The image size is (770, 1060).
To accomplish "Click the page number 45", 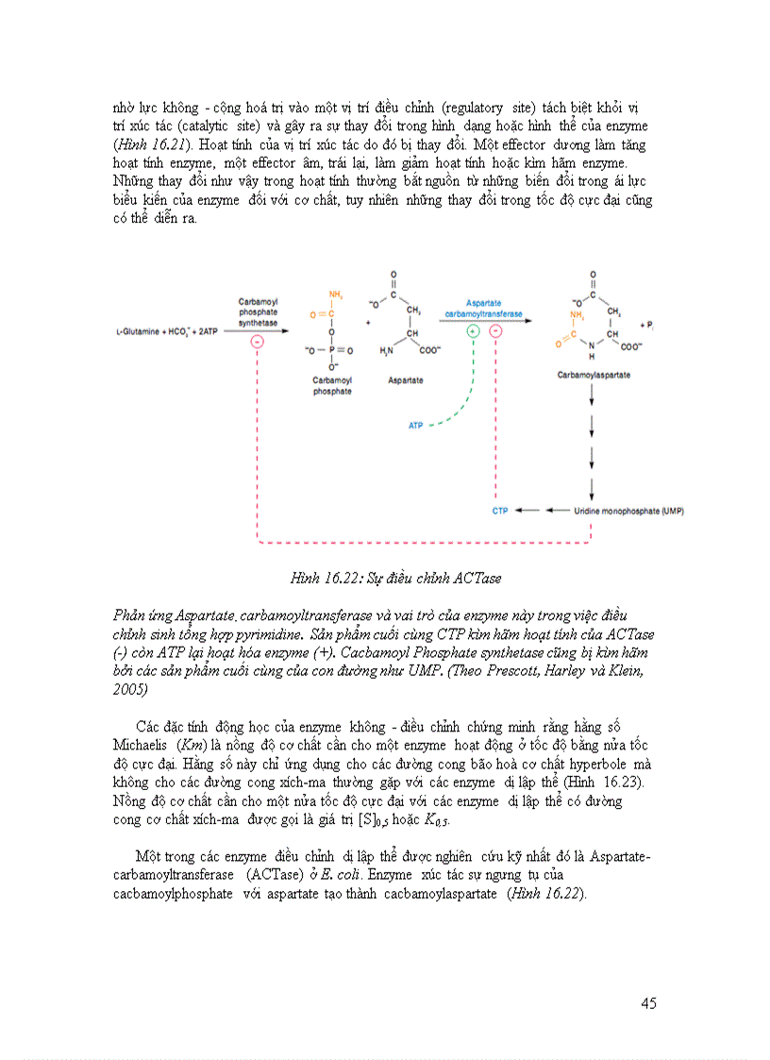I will (x=647, y=1003).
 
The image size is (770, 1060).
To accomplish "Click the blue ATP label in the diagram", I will (x=415, y=426).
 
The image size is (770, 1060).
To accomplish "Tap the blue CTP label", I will (x=500, y=511).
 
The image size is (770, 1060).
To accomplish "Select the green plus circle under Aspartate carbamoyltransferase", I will (x=473, y=331).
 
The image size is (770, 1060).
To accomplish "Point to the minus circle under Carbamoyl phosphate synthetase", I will (x=257, y=342).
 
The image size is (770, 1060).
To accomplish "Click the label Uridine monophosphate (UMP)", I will (x=629, y=511).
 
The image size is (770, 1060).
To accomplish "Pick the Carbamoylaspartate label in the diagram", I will (x=594, y=375).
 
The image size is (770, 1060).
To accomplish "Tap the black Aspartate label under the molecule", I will (x=406, y=380).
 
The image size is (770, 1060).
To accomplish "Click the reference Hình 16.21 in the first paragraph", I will (x=150, y=144).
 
